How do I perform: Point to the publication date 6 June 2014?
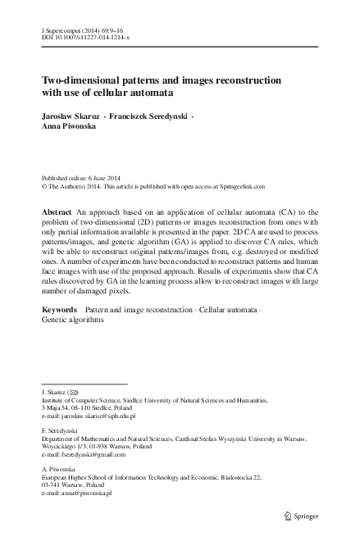pos(101,178)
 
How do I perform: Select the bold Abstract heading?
pos(57,212)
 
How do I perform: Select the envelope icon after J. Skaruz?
pos(74,393)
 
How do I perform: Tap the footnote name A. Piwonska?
pos(57,469)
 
